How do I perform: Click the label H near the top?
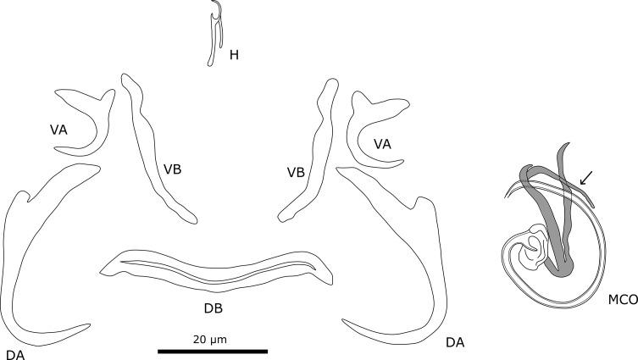pos(234,56)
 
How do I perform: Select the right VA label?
pos(382,145)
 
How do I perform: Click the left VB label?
pos(173,168)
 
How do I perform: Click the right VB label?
pos(295,172)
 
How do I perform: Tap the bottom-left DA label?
pos(14,354)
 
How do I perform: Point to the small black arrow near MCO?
pos(586,176)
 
